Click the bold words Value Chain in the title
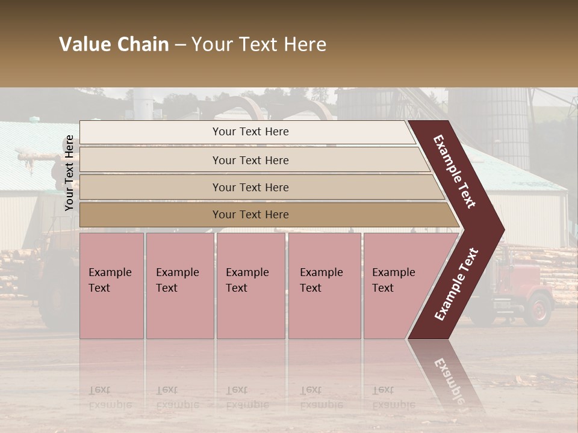coord(114,45)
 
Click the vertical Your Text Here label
coord(69,173)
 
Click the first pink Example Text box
coord(111,286)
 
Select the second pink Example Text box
coord(179,286)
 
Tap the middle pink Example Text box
coord(250,286)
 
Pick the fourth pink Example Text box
coord(324,286)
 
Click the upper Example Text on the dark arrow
coord(455,171)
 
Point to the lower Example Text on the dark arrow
coord(456,284)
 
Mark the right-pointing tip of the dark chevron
coord(502,229)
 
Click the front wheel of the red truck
coord(538,309)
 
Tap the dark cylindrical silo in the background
coord(489,126)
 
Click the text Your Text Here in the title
coord(259,45)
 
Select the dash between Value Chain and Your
coord(180,45)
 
